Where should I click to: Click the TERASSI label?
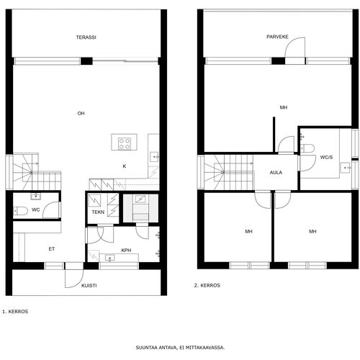click(86, 37)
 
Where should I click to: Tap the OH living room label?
click(81, 113)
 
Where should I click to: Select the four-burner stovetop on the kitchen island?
click(125, 144)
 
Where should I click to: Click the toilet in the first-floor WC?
click(20, 211)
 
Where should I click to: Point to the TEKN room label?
click(98, 212)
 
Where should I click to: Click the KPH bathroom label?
click(126, 251)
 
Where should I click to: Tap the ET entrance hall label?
click(52, 249)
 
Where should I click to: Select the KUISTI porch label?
click(89, 286)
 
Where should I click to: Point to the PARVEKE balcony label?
click(277, 37)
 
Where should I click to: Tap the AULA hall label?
click(276, 172)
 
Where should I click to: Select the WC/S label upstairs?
click(326, 158)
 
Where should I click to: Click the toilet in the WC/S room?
click(307, 148)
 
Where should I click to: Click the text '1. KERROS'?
click(15, 312)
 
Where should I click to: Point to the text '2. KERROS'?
click(207, 285)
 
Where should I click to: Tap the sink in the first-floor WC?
click(36, 197)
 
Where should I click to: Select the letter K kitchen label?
click(125, 166)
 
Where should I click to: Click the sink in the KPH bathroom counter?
click(110, 258)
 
